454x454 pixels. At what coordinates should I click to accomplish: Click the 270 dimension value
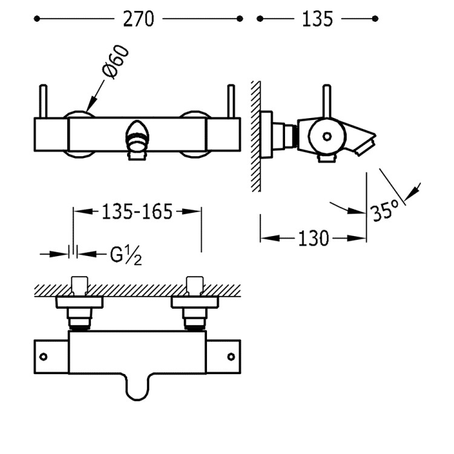[x=139, y=19]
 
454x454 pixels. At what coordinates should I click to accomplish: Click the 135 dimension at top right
[x=317, y=19]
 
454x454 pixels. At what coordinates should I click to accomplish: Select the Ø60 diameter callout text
[x=116, y=62]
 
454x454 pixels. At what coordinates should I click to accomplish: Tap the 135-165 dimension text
[x=137, y=211]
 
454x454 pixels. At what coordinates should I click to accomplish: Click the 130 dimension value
[x=313, y=239]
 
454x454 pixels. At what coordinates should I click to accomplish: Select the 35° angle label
[x=386, y=211]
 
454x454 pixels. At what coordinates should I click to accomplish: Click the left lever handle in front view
[x=44, y=100]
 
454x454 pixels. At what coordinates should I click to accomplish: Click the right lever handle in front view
[x=231, y=100]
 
